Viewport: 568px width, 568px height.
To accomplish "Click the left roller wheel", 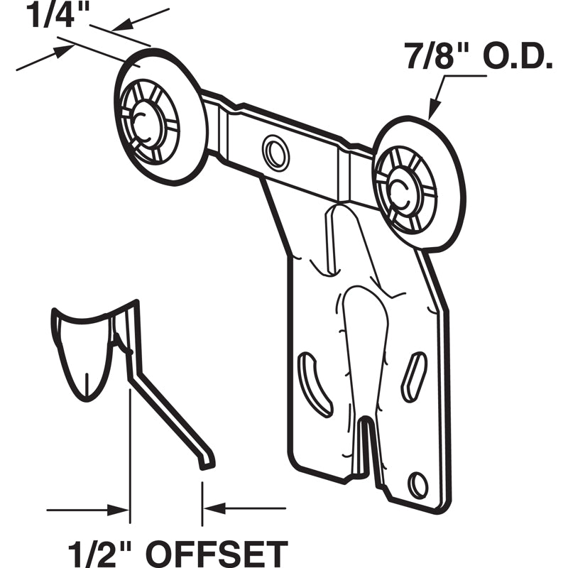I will tap(160, 117).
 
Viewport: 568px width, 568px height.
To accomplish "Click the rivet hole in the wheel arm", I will tap(275, 151).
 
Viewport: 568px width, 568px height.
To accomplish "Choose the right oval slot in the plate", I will tap(414, 376).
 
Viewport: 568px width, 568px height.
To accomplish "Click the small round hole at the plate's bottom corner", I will tap(419, 485).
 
